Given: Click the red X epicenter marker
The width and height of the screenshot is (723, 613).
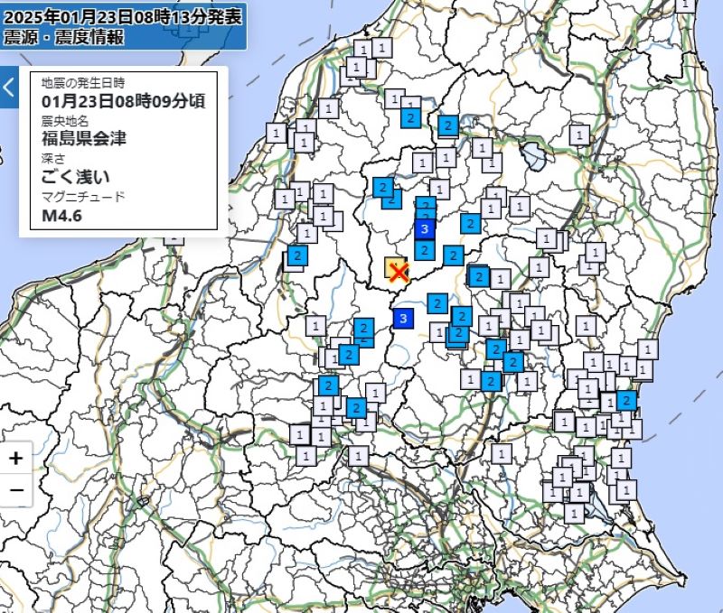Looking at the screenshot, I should (396, 272).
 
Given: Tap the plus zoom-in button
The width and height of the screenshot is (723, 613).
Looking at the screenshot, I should (16, 459).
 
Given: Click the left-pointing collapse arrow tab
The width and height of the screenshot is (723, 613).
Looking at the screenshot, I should (8, 88).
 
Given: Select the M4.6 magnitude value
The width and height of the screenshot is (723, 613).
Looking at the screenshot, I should (62, 217).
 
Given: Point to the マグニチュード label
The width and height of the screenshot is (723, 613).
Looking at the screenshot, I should (83, 197).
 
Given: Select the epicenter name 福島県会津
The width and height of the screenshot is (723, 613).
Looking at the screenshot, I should (84, 138).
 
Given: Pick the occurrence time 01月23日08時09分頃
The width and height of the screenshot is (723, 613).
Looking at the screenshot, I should (123, 100).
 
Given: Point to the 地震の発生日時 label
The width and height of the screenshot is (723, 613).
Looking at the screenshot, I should (81, 82).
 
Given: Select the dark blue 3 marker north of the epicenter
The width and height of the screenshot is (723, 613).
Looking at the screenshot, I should (425, 229).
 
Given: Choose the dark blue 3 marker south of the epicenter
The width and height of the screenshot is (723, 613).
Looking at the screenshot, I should (403, 318).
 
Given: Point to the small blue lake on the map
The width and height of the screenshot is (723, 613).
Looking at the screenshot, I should (533, 157).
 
